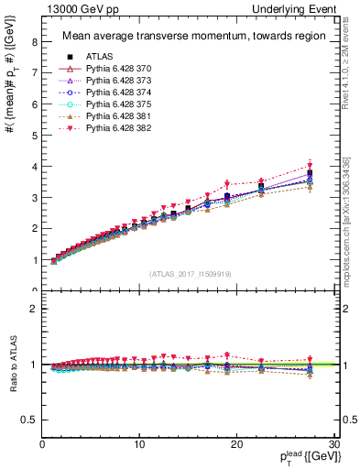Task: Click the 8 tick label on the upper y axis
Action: [x=34, y=42]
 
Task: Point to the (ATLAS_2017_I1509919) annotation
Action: [x=189, y=272]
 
